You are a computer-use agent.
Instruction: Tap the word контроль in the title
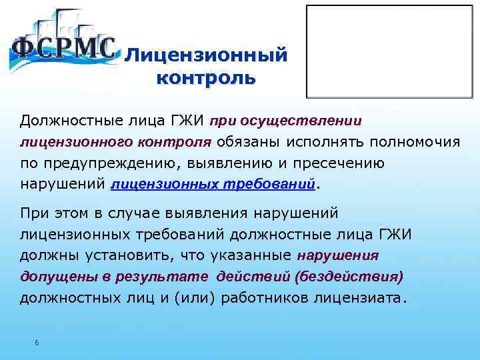pyautogui.click(x=206, y=78)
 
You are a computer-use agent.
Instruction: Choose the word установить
pyautogui.click(x=121, y=255)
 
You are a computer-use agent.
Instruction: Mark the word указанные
pyautogui.click(x=255, y=255)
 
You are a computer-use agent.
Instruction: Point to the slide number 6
pyautogui.click(x=37, y=343)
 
